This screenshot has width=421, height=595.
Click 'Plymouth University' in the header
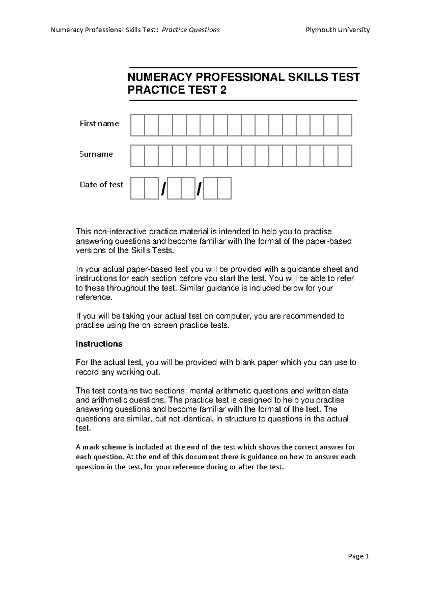click(338, 30)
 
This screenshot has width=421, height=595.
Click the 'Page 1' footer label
click(359, 556)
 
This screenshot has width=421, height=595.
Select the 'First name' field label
click(99, 123)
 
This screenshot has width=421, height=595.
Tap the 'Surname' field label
click(96, 154)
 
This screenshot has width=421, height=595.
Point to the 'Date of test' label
click(101, 185)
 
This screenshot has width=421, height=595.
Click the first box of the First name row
click(138, 125)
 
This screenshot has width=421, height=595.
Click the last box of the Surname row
click(345, 156)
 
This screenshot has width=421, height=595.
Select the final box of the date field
click(224, 188)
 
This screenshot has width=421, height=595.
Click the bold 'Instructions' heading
click(99, 344)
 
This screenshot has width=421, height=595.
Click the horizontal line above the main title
click(243, 68)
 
